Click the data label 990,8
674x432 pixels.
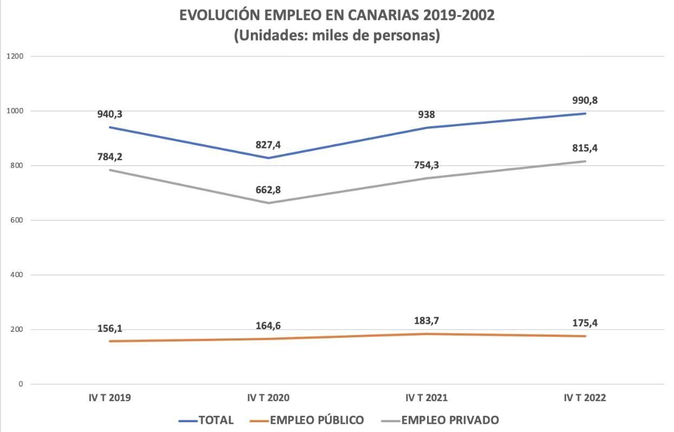click(x=585, y=101)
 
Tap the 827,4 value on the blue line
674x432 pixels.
click(x=268, y=145)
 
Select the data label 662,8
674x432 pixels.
click(x=268, y=190)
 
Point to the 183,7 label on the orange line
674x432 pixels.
click(x=427, y=321)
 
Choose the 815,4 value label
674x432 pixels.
click(x=585, y=148)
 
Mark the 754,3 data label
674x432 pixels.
click(x=427, y=165)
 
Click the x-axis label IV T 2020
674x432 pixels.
click(x=268, y=398)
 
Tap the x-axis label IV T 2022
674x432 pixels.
click(x=585, y=398)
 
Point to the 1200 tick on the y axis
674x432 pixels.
click(x=14, y=56)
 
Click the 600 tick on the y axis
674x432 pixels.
click(x=16, y=220)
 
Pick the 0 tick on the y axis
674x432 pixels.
click(x=21, y=384)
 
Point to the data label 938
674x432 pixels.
click(x=427, y=115)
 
